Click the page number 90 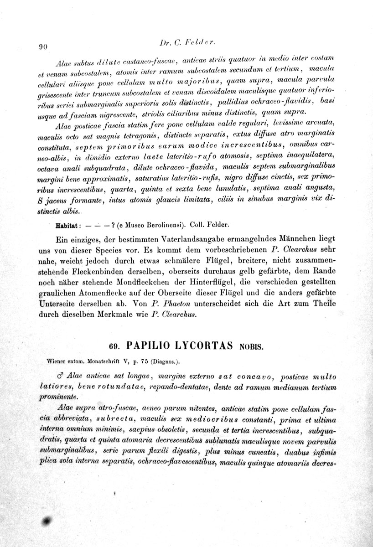(44, 46)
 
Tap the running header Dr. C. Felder (188, 42)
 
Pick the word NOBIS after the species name (249, 346)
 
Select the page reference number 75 (145, 362)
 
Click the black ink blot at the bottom (47, 521)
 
